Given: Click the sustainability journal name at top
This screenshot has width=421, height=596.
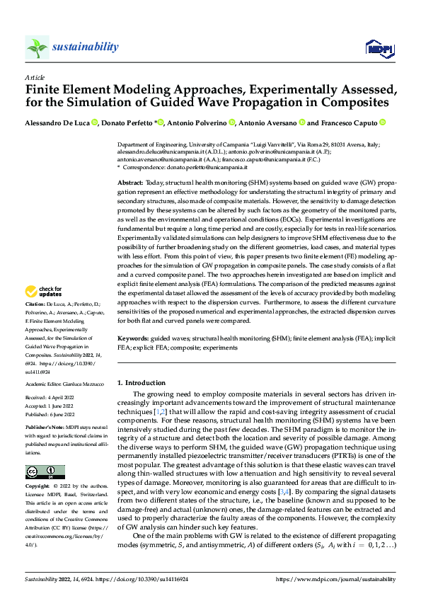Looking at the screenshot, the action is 85,47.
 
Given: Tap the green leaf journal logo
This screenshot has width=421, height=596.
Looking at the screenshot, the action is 37,47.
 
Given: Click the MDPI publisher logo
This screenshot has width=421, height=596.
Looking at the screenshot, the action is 379,47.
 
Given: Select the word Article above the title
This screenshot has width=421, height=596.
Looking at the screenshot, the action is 34,77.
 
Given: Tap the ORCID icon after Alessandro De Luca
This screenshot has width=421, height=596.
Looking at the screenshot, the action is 95,123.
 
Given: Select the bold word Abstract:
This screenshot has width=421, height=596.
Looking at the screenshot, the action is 130,183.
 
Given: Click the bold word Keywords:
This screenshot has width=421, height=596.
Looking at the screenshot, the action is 133,339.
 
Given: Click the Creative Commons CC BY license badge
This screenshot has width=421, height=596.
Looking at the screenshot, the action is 45,471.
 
